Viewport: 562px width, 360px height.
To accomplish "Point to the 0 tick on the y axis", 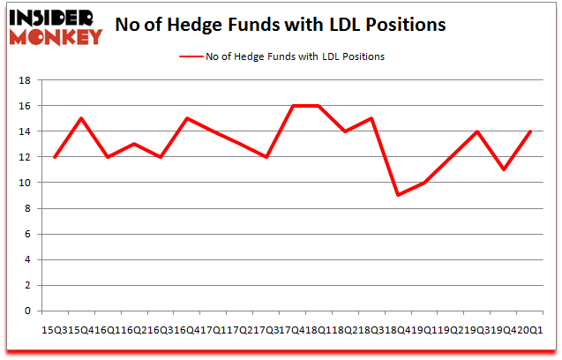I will [x=28, y=311].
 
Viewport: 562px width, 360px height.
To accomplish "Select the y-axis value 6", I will [x=28, y=235].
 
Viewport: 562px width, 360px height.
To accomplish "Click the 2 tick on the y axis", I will [x=28, y=286].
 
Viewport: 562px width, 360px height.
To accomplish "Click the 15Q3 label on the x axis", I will [x=55, y=329].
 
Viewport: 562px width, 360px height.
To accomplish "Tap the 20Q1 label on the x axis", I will [x=530, y=329].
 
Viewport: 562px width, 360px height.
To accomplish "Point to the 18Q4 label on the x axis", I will [x=399, y=329].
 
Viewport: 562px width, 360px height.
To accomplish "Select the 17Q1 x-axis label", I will [x=214, y=329].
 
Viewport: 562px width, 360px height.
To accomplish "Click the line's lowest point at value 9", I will [x=399, y=195].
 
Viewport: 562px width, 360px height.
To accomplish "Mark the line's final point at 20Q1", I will [x=529, y=131].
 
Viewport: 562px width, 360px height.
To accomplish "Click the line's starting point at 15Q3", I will [x=56, y=157].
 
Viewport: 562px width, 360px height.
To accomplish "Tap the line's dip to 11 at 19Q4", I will [x=503, y=169].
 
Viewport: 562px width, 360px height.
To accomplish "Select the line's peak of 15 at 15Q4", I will [x=81, y=118].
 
